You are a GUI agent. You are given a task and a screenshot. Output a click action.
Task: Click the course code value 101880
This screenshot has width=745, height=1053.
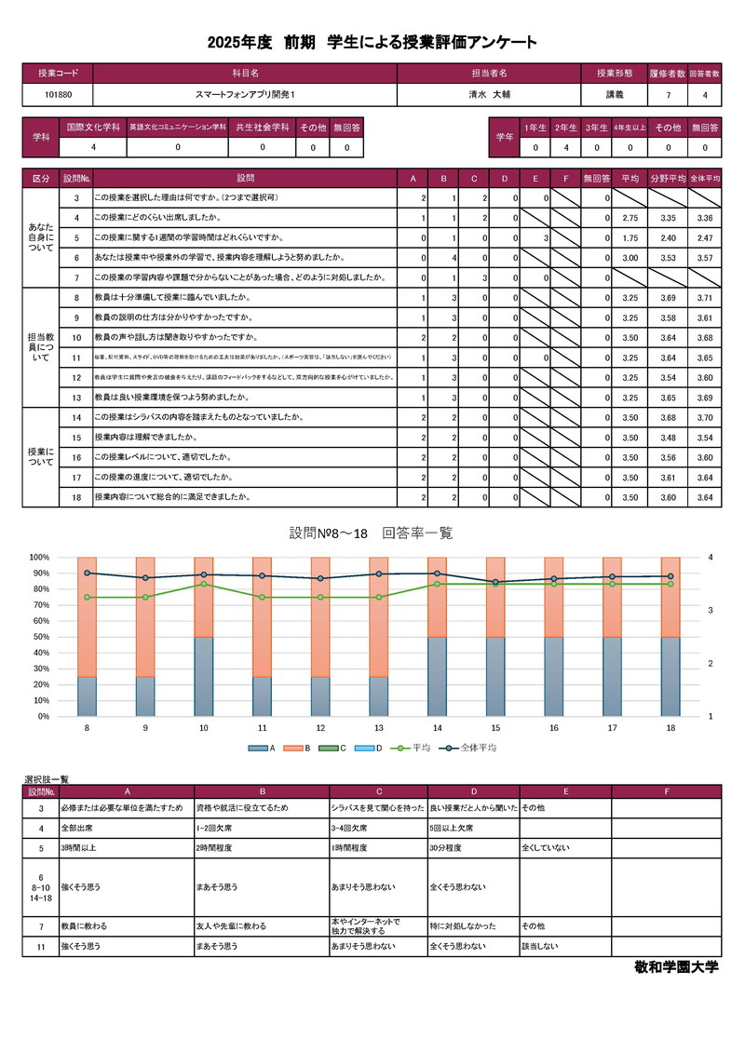(58, 95)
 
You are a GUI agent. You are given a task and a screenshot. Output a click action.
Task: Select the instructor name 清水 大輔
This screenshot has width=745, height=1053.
(490, 95)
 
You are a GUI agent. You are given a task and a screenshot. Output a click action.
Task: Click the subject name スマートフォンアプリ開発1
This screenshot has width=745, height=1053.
(245, 95)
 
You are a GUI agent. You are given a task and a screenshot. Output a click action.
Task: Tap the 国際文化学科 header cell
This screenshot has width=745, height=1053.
(93, 127)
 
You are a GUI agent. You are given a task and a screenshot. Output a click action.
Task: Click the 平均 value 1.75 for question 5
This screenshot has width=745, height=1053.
(629, 237)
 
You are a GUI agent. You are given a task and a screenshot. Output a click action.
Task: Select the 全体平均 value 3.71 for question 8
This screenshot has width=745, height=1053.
(703, 298)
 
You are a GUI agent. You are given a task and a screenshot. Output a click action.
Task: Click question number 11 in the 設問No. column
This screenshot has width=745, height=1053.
(76, 358)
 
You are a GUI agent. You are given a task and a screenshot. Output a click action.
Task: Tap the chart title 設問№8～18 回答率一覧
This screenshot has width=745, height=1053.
(371, 533)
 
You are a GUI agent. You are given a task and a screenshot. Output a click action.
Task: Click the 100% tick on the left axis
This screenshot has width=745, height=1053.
(39, 557)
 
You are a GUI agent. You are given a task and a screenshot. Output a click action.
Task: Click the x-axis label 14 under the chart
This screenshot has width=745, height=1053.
(437, 727)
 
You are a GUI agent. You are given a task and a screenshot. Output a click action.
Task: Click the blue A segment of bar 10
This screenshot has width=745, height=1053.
(203, 677)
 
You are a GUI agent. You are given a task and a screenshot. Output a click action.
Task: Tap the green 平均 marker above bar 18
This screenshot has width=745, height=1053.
(670, 584)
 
